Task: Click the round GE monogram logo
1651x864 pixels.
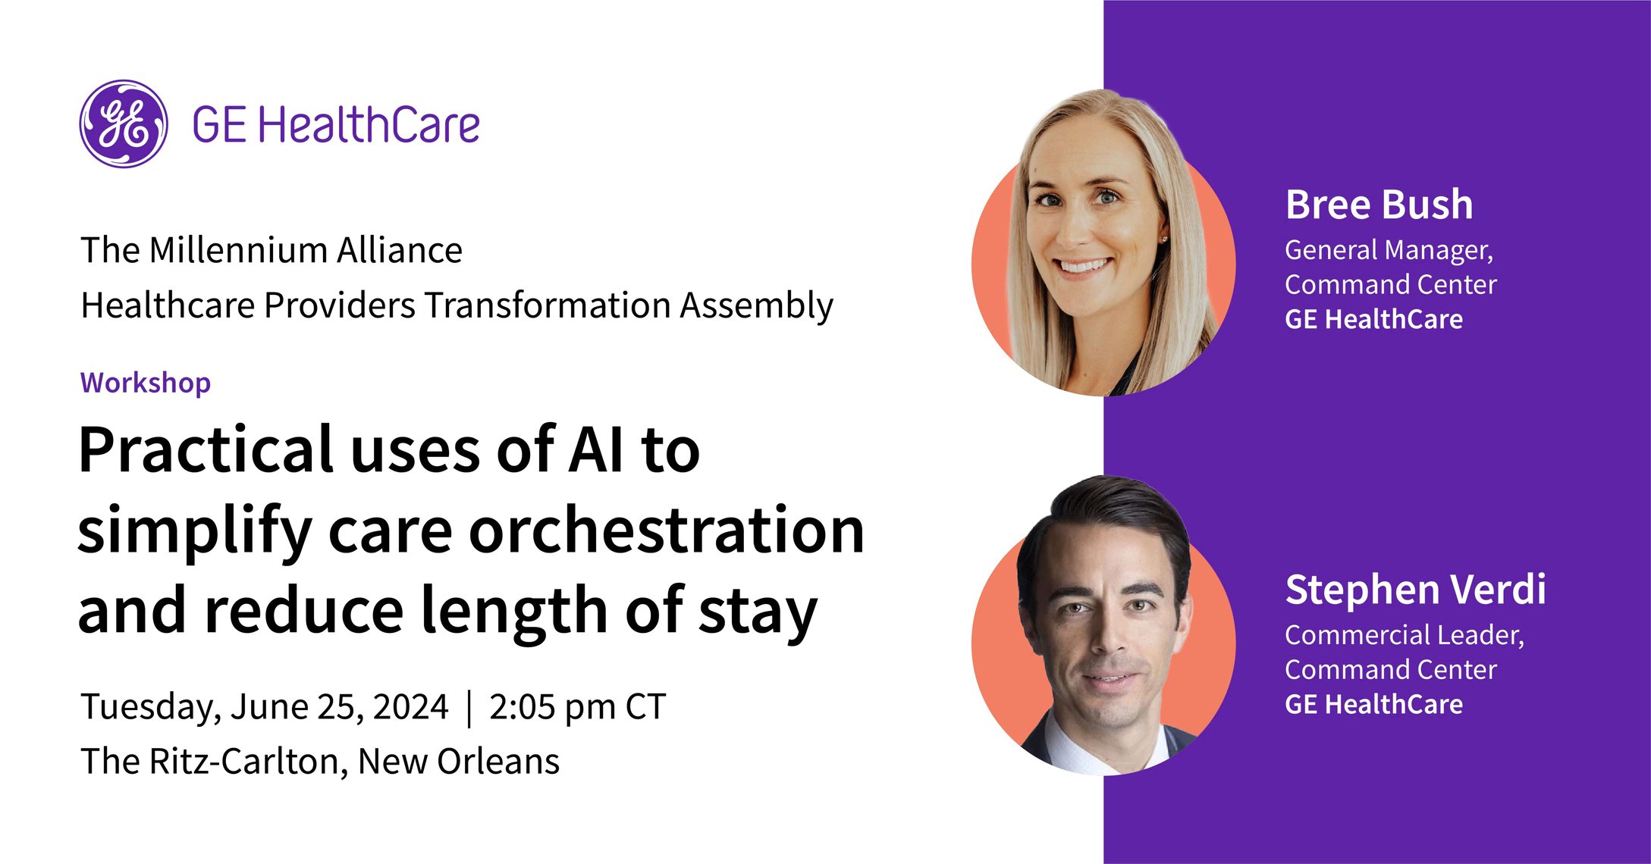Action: [x=124, y=124]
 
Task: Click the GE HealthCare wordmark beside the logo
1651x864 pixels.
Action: [x=336, y=126]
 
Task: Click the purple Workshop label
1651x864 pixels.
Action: [x=146, y=383]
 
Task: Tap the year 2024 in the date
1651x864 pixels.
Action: [x=410, y=707]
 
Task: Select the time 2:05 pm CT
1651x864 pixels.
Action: [x=577, y=707]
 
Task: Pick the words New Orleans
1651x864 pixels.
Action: [x=458, y=762]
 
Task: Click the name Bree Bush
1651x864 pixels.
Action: [x=1379, y=205]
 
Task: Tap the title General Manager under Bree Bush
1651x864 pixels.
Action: [x=1389, y=250]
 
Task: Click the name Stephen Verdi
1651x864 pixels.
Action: [x=1415, y=590]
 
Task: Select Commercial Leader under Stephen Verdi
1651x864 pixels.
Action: [x=1404, y=635]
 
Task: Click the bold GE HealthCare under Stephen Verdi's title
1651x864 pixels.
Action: [x=1373, y=705]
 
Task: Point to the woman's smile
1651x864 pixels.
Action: [x=1084, y=267]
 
